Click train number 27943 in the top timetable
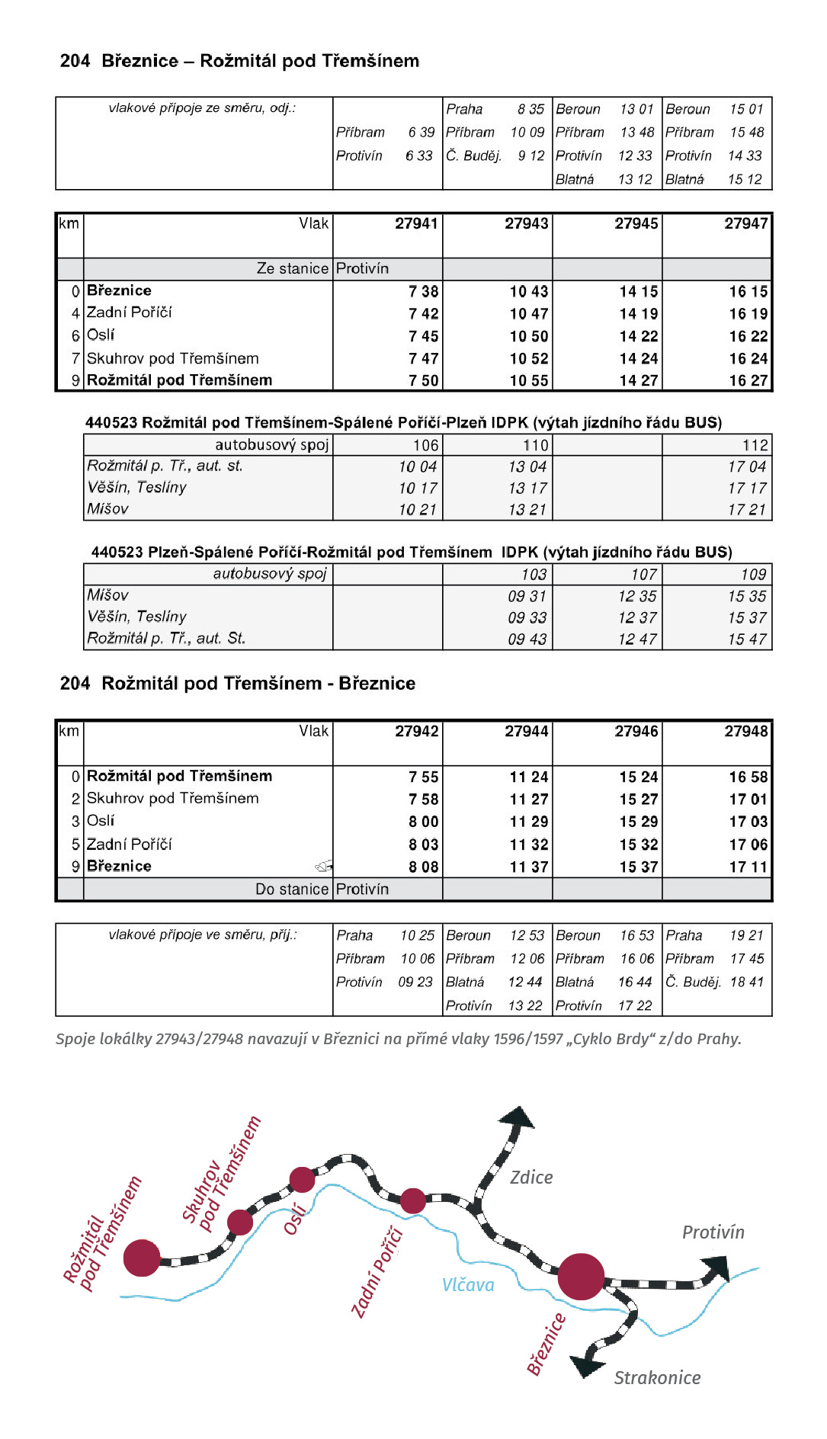(x=526, y=223)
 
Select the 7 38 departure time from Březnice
(x=423, y=291)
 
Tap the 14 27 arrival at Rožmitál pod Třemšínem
(x=638, y=380)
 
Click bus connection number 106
(x=425, y=445)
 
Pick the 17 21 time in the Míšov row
(x=746, y=509)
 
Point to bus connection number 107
(x=643, y=575)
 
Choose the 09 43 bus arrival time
(x=527, y=639)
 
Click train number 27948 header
(x=745, y=731)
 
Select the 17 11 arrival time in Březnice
(x=748, y=867)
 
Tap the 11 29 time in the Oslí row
(x=528, y=822)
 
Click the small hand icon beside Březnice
(x=324, y=866)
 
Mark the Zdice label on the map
(x=531, y=1178)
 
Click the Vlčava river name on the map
(x=468, y=1285)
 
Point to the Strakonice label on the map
(x=657, y=1378)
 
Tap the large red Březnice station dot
(x=581, y=1276)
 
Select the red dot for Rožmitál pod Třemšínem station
(x=142, y=1258)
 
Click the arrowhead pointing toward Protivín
(x=717, y=1269)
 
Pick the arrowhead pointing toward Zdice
(x=518, y=1117)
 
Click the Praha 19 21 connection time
(x=746, y=935)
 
